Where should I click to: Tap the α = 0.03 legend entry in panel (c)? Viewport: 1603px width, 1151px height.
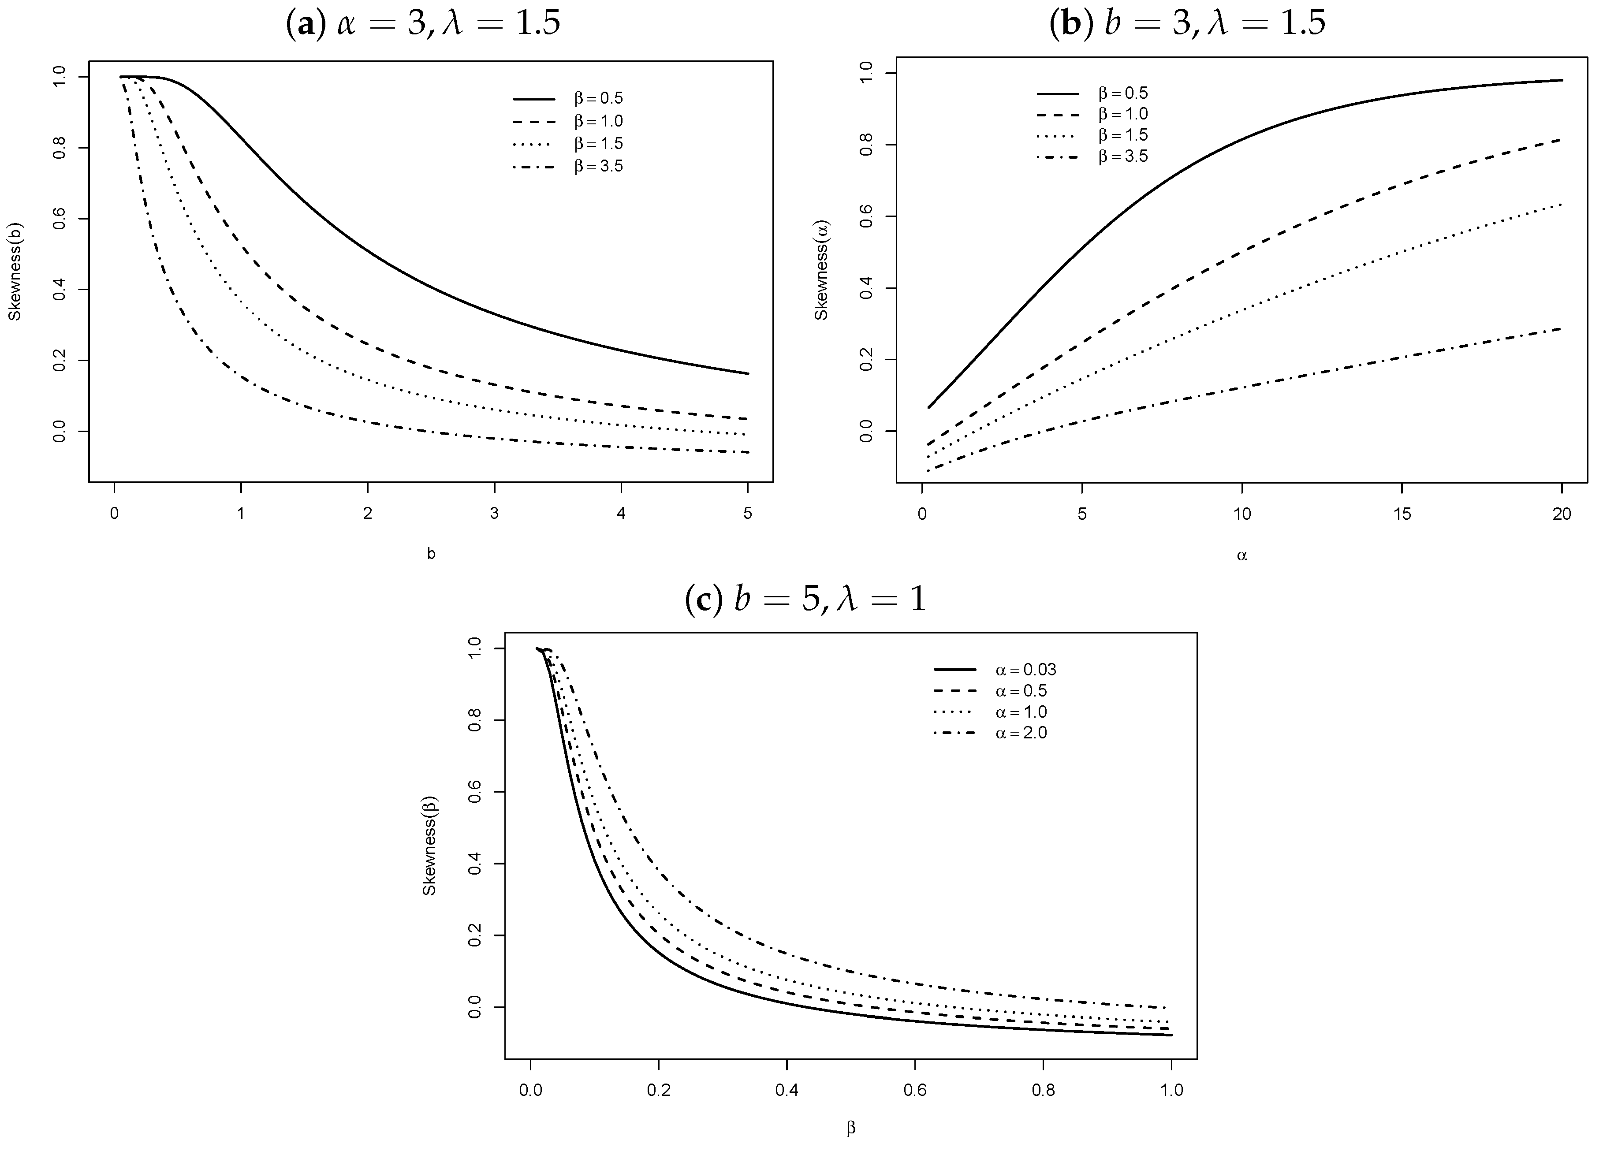click(1025, 670)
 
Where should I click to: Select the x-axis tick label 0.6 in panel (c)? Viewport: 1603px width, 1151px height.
click(915, 1090)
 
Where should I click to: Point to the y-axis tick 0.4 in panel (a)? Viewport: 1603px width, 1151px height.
click(60, 290)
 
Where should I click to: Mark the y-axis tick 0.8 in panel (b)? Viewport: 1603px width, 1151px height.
click(866, 145)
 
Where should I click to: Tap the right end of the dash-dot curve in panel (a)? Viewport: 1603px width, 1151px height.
click(748, 452)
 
